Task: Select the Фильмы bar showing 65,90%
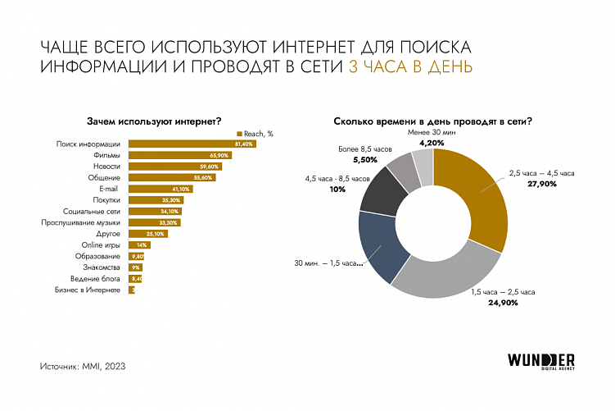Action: click(x=180, y=155)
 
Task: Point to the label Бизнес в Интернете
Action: click(x=87, y=290)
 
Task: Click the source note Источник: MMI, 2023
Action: click(x=83, y=365)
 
